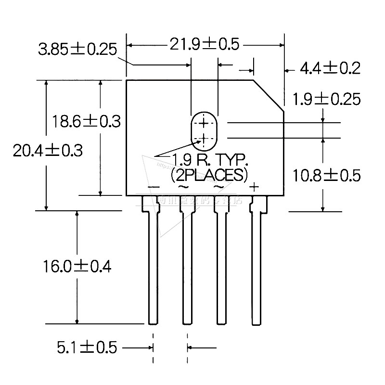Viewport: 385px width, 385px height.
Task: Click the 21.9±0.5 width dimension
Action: coord(204,44)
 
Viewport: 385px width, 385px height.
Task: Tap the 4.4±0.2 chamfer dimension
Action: coord(330,68)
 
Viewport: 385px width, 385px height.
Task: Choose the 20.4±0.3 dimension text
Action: coord(48,151)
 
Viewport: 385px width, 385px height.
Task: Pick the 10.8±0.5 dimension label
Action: coord(327,176)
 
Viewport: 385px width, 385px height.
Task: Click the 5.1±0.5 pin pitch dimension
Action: coord(87,347)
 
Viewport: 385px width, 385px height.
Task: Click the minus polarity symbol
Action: coord(154,187)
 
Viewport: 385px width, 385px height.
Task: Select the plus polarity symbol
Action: coord(255,187)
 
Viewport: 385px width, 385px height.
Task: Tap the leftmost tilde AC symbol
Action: coord(183,187)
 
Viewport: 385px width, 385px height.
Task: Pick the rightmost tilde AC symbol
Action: coord(218,187)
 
